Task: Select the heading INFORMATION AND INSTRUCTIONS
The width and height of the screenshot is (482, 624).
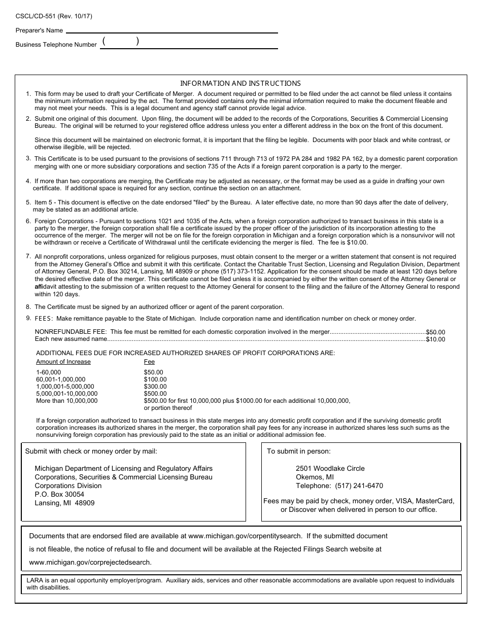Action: point(240,83)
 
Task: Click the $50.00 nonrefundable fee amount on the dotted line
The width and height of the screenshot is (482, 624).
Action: point(435,332)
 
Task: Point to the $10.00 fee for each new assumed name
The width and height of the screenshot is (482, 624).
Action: point(435,339)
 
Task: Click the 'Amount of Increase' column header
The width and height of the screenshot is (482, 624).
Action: point(63,362)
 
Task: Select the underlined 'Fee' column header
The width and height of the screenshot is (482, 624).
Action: point(149,362)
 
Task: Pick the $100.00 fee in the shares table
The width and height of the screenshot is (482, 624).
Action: point(155,379)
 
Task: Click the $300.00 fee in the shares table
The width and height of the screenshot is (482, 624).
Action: point(155,387)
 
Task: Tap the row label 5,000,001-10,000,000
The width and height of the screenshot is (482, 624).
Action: point(67,394)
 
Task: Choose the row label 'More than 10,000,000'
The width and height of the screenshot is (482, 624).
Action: point(67,401)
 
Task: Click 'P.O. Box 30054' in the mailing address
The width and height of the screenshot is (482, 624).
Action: point(59,494)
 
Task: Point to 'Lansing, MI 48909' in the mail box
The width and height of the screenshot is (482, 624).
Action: point(64,503)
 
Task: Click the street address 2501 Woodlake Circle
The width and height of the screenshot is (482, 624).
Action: point(330,468)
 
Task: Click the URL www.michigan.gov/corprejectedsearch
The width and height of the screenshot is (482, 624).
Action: point(90,562)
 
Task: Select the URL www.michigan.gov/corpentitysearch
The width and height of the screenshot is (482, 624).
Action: point(245,536)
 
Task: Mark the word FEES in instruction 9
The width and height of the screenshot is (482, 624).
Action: point(44,319)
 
